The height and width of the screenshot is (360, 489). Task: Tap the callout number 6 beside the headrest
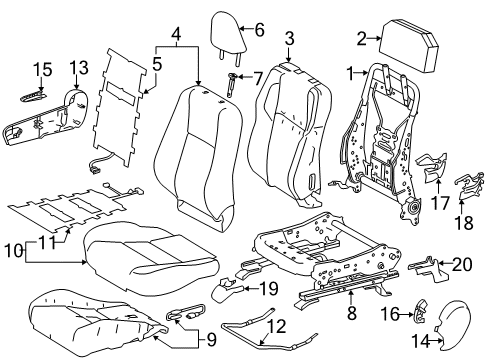click(x=259, y=30)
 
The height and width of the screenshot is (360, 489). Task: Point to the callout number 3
click(x=290, y=39)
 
